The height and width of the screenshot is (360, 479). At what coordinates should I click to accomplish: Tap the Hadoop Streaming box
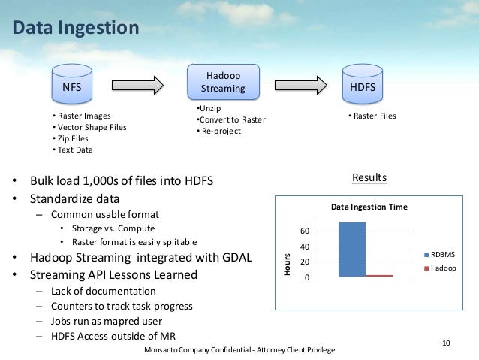(x=223, y=83)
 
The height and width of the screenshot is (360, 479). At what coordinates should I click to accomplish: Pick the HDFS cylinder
(x=363, y=87)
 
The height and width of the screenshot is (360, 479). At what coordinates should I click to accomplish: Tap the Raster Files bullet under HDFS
(x=372, y=116)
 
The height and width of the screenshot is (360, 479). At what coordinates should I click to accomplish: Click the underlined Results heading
(x=369, y=178)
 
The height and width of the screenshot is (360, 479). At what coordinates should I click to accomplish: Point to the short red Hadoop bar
(x=379, y=276)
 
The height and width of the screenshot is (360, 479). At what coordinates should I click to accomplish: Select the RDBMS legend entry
(x=439, y=254)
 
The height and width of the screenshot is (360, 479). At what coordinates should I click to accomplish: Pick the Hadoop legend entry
(x=439, y=268)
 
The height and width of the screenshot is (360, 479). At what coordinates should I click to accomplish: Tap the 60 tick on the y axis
(x=306, y=230)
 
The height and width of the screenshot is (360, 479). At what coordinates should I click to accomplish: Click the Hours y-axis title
(x=287, y=262)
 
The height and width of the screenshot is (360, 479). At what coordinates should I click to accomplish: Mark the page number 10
(x=446, y=343)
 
